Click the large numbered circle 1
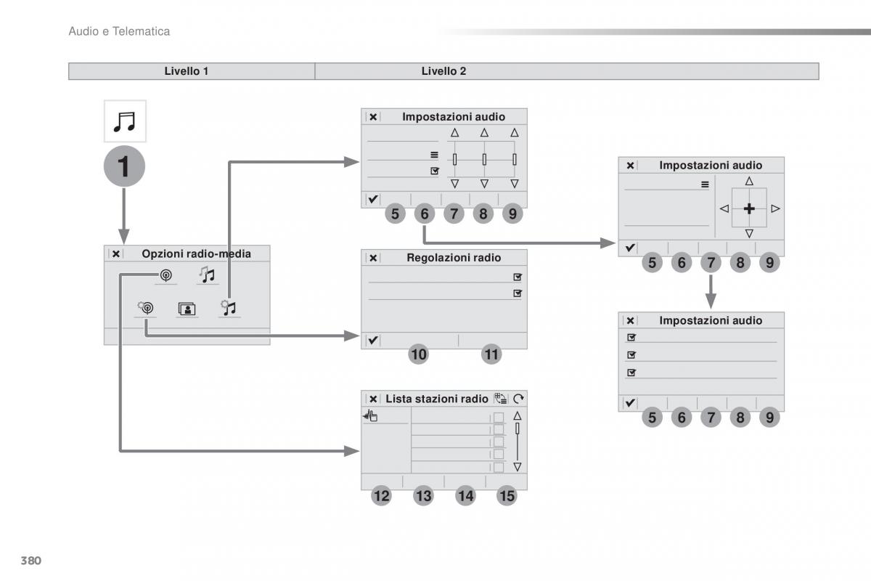coord(124,166)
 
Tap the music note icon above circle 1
coord(124,121)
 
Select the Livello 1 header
coord(187,71)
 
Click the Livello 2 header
coord(443,71)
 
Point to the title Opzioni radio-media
coord(196,253)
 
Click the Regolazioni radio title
coord(454,258)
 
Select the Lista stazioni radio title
coord(437,399)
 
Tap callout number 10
coord(418,354)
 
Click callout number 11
coord(491,354)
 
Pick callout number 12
coord(381,496)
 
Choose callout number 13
coord(423,496)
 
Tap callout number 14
coord(465,496)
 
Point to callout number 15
coord(507,496)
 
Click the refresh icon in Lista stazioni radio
coord(518,399)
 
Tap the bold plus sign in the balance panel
coord(749,208)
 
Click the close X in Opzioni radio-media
coord(116,253)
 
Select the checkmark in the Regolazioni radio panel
coord(372,340)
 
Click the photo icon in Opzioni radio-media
coord(187,309)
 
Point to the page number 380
coord(30,561)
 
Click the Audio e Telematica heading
coord(119,31)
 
